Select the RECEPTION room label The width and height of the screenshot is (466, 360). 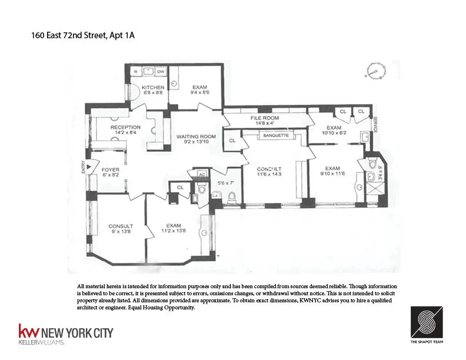click(x=125, y=127)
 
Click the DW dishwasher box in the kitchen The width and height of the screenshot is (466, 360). click(x=160, y=72)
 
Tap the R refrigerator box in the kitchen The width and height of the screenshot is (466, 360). click(x=135, y=72)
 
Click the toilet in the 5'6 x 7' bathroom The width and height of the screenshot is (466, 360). click(x=231, y=198)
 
